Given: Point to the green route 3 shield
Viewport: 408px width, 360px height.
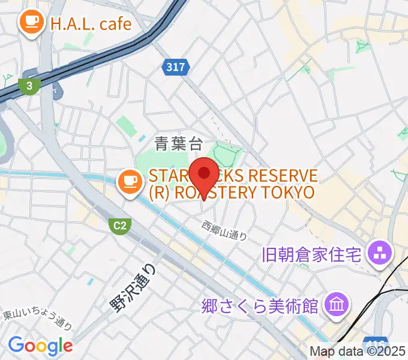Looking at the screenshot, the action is (x=28, y=85).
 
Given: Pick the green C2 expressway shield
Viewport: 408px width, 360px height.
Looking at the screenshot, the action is (x=121, y=226).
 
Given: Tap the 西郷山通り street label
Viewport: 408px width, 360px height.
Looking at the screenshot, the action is (x=224, y=230).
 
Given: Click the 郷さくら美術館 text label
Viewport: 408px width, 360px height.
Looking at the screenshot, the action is (x=260, y=306).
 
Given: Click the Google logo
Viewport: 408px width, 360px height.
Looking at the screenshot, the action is (x=40, y=345).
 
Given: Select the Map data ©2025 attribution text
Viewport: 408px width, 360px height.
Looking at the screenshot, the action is (x=358, y=352).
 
